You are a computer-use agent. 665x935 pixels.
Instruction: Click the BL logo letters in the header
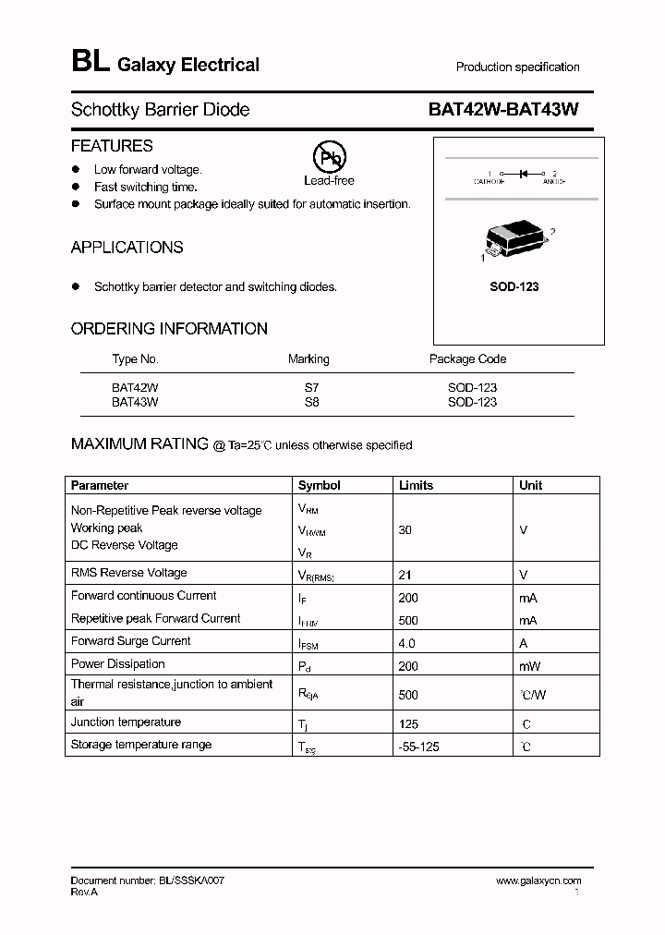point(90,62)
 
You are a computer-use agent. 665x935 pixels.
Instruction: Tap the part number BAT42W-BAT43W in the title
point(503,109)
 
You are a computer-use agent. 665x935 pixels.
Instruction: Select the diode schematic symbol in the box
point(523,173)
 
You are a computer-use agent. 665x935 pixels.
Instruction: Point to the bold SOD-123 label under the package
point(514,286)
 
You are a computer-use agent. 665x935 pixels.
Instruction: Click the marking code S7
point(311,388)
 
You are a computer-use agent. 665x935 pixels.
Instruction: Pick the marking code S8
point(311,402)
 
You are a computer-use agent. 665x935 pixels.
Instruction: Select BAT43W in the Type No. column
point(135,402)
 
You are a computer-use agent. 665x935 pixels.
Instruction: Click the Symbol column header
point(319,485)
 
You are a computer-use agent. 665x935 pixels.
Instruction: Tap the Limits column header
point(416,485)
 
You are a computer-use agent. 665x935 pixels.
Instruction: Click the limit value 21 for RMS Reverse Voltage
point(405,574)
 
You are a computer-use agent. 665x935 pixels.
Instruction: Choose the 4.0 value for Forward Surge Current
point(406,643)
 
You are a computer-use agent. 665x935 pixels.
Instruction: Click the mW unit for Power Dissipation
point(530,666)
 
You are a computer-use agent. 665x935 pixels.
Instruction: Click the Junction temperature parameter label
point(126,722)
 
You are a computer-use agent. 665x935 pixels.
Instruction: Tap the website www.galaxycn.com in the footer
point(538,881)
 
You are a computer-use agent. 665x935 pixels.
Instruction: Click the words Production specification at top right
point(517,67)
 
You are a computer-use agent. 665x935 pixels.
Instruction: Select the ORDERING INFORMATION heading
point(169,329)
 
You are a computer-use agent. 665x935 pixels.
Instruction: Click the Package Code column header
point(467,359)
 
